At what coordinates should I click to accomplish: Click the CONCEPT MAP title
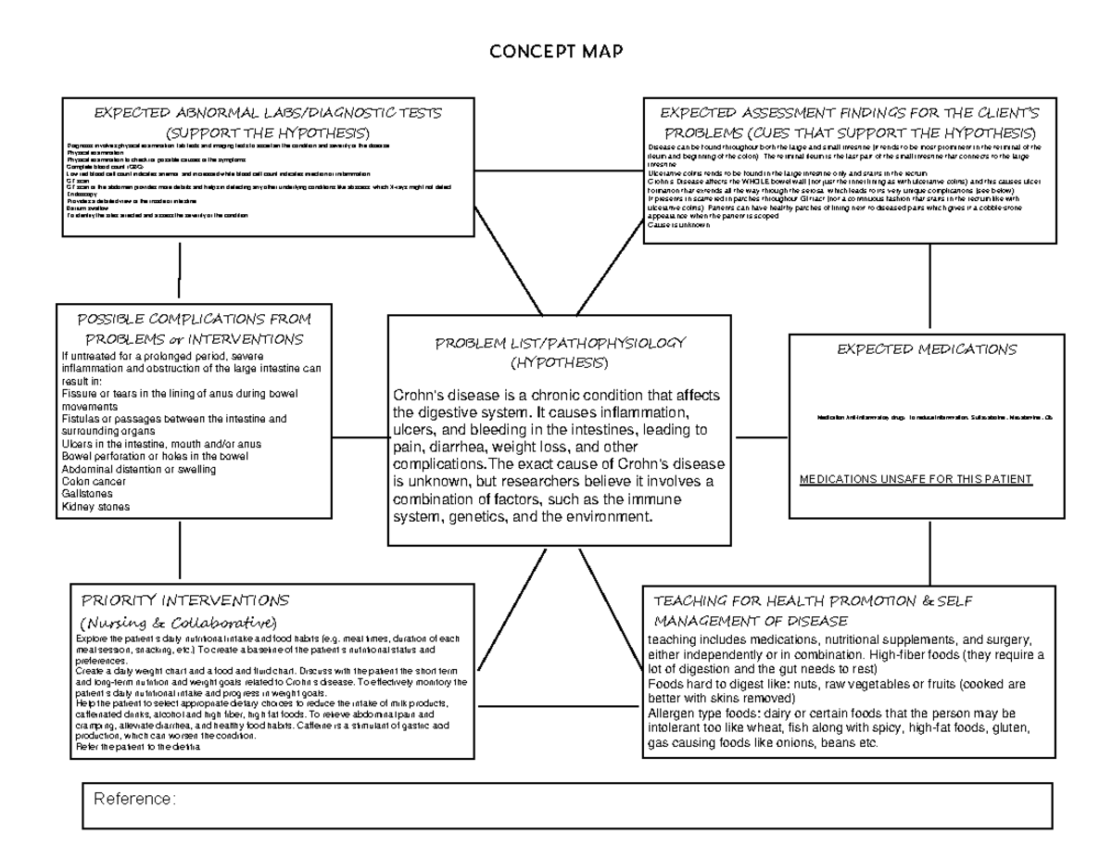[556, 51]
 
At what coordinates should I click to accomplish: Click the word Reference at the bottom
[131, 799]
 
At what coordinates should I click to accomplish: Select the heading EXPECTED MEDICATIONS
[927, 349]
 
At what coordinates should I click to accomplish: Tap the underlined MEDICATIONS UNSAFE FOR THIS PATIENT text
[915, 479]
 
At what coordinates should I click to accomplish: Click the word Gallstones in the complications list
[88, 495]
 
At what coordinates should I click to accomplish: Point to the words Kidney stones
[95, 507]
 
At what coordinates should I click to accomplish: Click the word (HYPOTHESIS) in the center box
[560, 361]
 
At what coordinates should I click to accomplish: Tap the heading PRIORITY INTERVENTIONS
[185, 600]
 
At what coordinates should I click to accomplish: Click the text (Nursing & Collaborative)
[179, 621]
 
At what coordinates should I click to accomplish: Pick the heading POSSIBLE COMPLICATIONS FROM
[195, 319]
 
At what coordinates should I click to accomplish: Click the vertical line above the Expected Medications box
[929, 287]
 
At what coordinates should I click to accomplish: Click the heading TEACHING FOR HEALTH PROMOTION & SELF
[813, 600]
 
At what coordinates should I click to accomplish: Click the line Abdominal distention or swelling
[138, 469]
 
